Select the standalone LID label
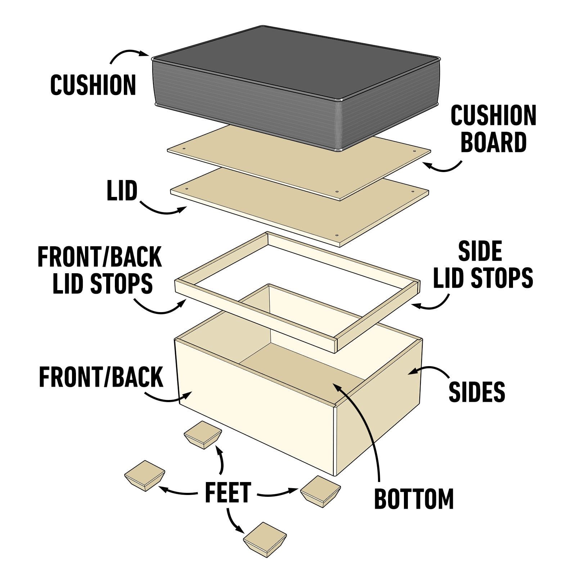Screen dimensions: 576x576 (122, 190)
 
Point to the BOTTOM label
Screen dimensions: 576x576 (414, 499)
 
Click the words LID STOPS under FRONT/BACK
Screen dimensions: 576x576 (103, 283)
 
